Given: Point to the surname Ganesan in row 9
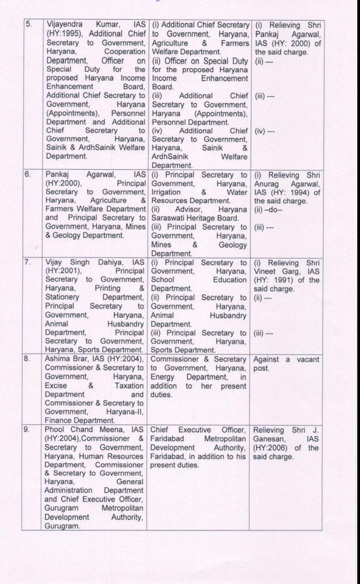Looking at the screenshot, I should pos(271,438).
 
